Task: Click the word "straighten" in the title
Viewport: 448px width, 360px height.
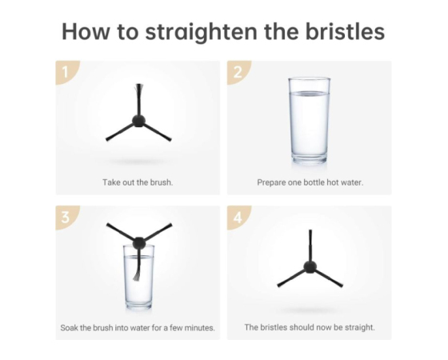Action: click(x=202, y=32)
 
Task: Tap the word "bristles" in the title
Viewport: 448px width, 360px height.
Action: click(x=345, y=31)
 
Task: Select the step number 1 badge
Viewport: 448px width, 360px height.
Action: click(x=66, y=71)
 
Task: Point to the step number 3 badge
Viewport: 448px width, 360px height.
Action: click(x=66, y=217)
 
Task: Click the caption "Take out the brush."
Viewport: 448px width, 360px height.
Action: click(x=138, y=182)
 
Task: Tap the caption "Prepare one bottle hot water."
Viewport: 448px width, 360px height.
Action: click(x=310, y=182)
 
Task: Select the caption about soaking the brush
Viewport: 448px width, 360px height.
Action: click(x=138, y=327)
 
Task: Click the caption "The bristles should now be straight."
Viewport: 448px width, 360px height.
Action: click(x=310, y=327)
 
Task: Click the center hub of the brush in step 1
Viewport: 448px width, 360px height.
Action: click(x=139, y=120)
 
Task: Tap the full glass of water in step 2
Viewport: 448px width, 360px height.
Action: click(x=310, y=121)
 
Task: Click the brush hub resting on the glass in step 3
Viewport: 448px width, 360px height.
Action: click(x=139, y=243)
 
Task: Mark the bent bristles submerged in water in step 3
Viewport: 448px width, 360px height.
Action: click(x=137, y=273)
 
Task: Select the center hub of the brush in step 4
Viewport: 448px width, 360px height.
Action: click(x=310, y=266)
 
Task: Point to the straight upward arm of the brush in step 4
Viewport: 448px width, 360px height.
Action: click(x=310, y=245)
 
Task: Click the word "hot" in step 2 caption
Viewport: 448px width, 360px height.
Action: click(x=333, y=182)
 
